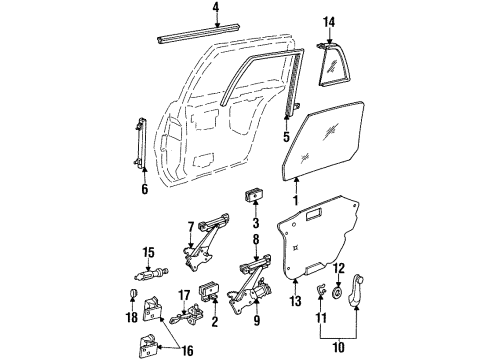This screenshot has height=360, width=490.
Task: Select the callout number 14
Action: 330,22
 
